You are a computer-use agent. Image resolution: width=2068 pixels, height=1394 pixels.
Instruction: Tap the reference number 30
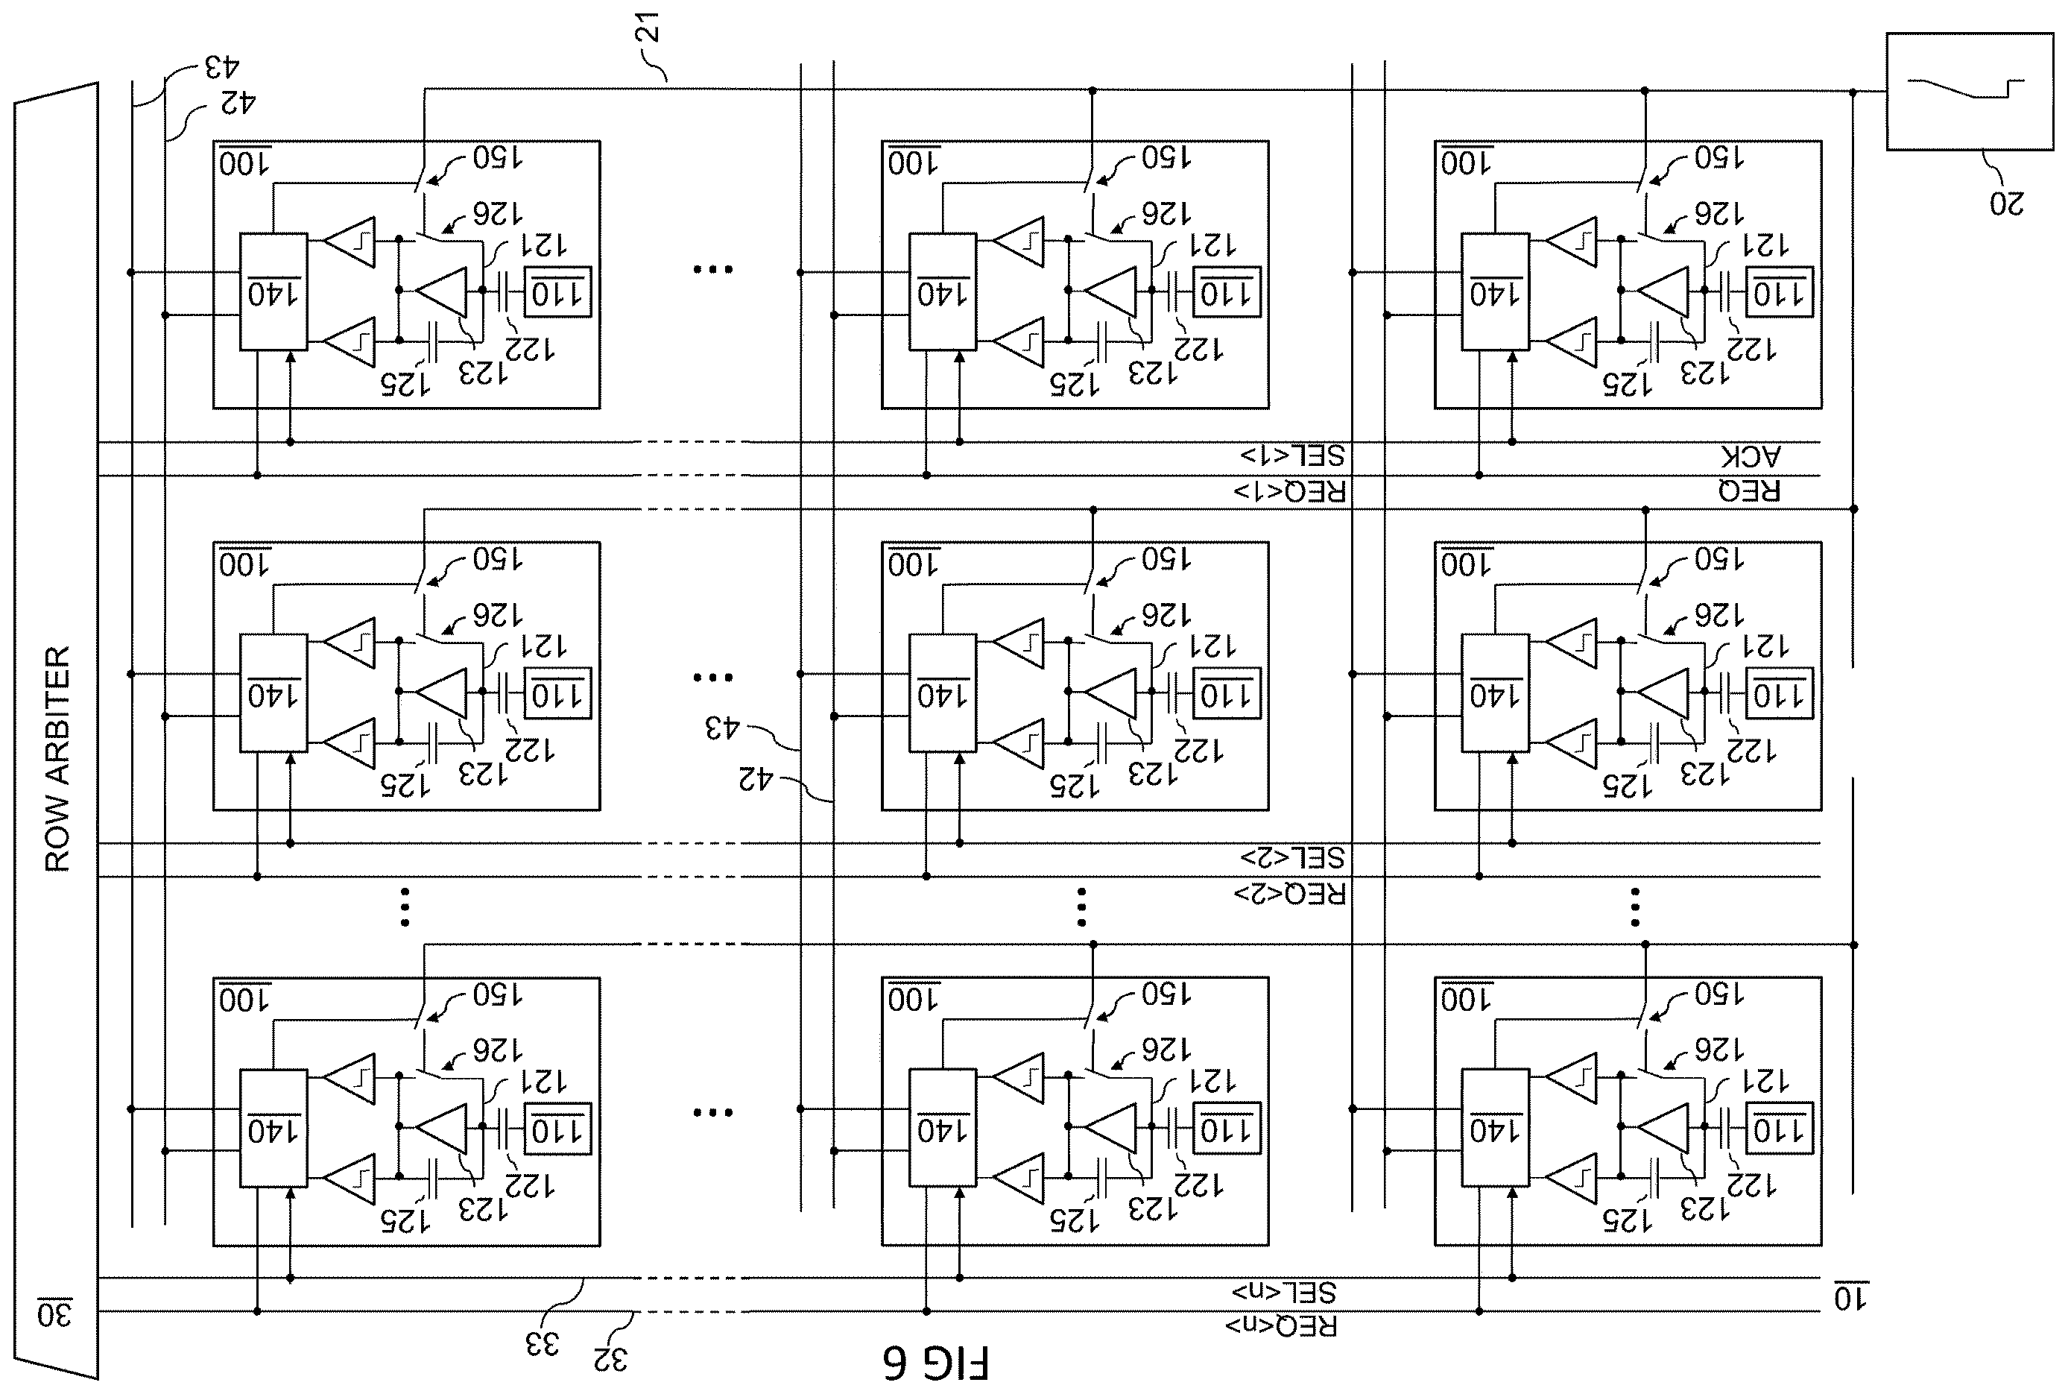pos(54,1313)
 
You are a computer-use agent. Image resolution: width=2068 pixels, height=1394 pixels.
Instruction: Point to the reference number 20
pos(2007,204)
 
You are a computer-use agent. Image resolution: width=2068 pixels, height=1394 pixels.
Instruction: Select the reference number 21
pos(650,28)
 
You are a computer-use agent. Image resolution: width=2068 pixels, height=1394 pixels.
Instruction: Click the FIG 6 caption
pos(935,1363)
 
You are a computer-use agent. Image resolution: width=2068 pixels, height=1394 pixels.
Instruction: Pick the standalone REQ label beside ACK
pos(1749,491)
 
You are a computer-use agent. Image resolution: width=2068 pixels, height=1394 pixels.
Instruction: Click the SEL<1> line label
pos(1292,456)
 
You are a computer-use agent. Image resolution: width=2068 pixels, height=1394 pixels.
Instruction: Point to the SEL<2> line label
pos(1292,858)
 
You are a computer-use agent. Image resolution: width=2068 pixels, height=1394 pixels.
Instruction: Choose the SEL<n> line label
pos(1284,1292)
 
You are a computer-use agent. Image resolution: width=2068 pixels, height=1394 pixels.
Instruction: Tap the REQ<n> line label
pos(1282,1326)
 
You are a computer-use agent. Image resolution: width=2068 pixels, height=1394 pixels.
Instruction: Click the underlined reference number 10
pos(1851,1299)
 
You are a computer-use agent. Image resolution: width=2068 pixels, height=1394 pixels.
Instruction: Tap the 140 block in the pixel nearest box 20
pos(1496,292)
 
